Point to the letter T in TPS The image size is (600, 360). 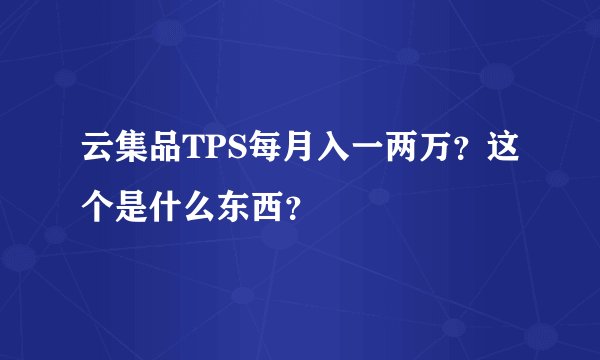[187, 152]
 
